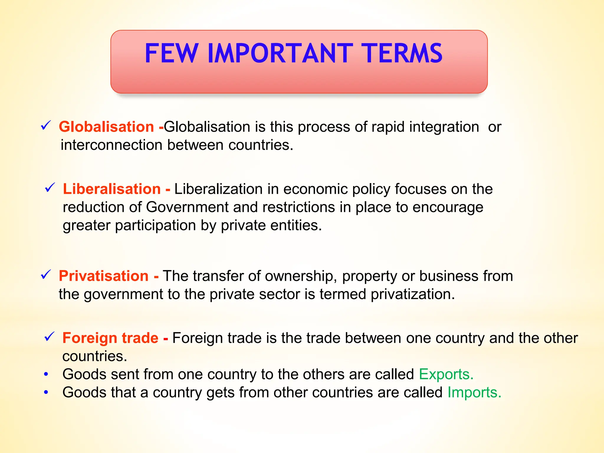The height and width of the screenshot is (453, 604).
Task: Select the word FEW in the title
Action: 171,53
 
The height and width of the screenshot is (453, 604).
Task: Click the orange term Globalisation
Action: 106,127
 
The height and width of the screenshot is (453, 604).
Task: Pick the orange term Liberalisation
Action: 112,189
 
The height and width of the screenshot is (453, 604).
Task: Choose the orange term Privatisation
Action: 104,276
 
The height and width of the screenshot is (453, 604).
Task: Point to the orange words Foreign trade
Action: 110,338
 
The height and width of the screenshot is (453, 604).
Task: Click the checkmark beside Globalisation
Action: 46,125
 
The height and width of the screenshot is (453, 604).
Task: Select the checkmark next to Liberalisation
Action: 50,188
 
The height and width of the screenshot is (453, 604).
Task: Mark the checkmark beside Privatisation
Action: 46,275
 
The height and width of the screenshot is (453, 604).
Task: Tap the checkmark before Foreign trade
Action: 49,337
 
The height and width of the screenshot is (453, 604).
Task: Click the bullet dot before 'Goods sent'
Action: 46,375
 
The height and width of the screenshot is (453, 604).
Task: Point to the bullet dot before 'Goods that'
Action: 46,393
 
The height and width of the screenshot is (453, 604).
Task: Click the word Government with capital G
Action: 187,207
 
